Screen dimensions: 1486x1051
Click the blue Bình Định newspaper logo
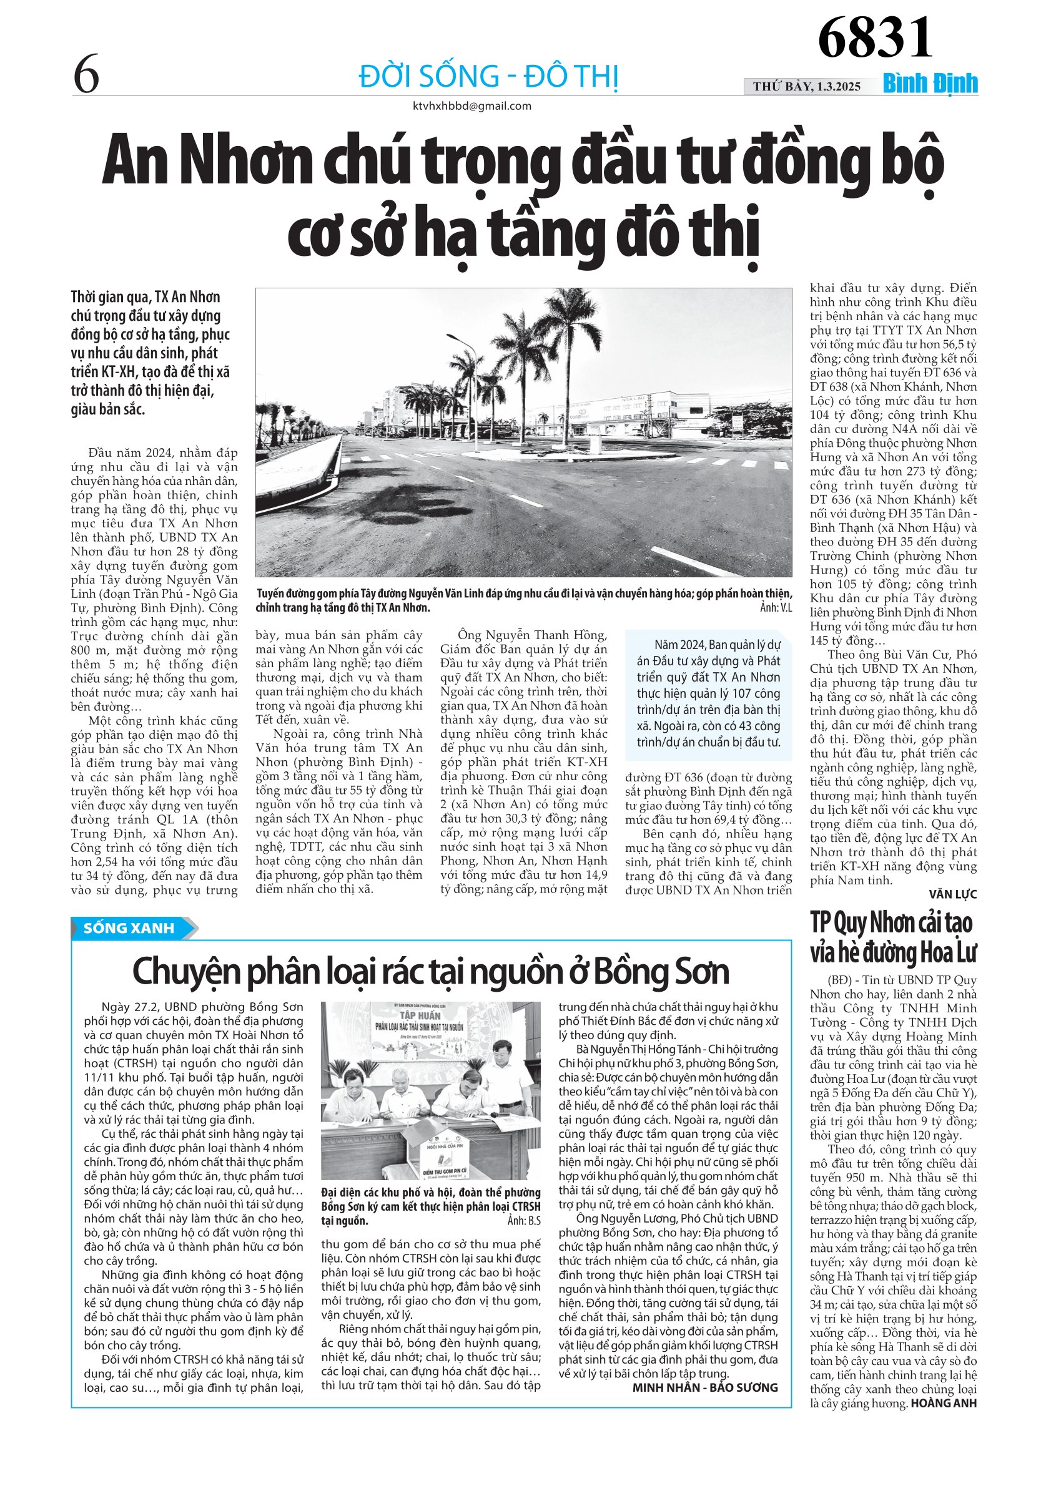click(x=930, y=84)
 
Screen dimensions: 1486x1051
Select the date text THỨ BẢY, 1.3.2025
click(x=806, y=87)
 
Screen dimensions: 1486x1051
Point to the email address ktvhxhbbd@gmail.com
click(x=471, y=106)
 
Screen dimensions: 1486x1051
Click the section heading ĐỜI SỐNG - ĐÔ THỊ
click(x=489, y=77)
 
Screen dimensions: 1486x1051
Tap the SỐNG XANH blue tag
click(x=129, y=928)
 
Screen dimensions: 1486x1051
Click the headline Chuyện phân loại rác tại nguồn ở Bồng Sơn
click(x=431, y=972)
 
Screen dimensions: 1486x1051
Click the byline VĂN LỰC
click(x=952, y=894)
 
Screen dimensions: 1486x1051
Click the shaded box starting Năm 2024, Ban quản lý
click(x=708, y=693)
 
